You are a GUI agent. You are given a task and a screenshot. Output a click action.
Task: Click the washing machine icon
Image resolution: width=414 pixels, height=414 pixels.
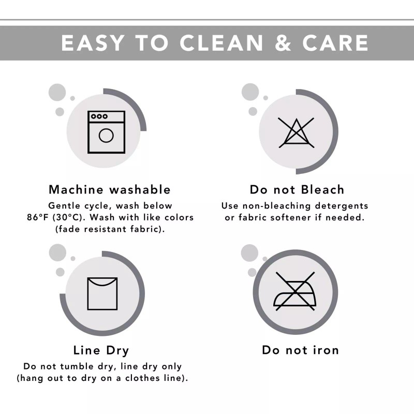click(106, 132)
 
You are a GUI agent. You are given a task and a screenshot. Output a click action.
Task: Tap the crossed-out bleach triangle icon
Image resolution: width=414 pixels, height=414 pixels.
click(296, 132)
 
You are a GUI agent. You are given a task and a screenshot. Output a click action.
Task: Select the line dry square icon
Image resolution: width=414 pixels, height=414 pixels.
click(102, 293)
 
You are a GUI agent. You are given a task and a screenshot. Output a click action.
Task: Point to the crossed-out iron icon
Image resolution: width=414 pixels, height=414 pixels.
click(295, 291)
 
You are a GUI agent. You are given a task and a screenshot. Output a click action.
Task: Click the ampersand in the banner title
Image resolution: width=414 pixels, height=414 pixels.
click(283, 43)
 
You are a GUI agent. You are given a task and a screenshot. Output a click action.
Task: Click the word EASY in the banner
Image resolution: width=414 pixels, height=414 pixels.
click(93, 43)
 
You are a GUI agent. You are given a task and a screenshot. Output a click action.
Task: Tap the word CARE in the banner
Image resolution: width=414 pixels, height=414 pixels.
click(335, 43)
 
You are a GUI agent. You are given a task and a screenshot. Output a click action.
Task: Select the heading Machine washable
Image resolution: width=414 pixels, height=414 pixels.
click(110, 189)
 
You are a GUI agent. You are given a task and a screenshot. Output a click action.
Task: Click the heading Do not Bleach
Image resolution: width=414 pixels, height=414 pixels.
click(297, 189)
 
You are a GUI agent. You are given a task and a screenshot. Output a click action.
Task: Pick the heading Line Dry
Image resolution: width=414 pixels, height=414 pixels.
click(101, 350)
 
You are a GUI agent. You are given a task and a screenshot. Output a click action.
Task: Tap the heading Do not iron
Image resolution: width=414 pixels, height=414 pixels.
click(301, 350)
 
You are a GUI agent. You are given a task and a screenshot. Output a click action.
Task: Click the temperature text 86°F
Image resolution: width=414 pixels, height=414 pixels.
click(38, 217)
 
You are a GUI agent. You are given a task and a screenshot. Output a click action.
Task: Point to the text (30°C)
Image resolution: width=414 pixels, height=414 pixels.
click(68, 217)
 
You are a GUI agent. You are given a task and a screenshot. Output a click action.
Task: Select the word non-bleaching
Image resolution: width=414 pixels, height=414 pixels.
click(277, 205)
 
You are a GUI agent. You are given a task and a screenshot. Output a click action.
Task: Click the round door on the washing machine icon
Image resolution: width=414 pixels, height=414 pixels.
click(106, 136)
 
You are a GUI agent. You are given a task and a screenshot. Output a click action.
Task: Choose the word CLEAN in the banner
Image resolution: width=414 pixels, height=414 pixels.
click(221, 43)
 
